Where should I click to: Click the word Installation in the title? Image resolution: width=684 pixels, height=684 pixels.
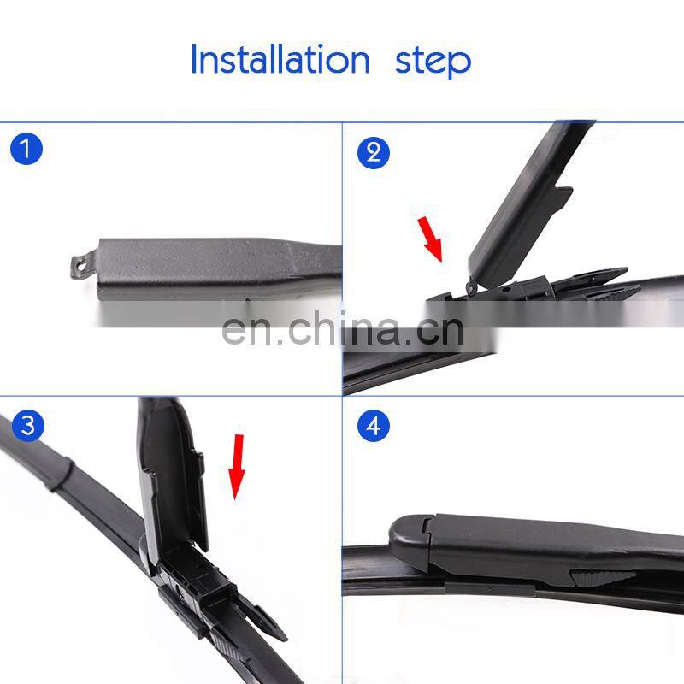(x=280, y=59)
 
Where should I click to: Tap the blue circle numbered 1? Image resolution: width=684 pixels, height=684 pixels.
(x=27, y=149)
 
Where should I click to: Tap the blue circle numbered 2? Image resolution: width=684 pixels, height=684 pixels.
(x=374, y=153)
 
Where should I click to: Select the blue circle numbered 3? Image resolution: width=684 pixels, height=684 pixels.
(x=28, y=425)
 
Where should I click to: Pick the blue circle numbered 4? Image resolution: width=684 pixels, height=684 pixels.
(x=374, y=425)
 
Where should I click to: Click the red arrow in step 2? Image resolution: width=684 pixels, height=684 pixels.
(x=431, y=239)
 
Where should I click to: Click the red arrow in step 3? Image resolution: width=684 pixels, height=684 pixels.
(x=237, y=467)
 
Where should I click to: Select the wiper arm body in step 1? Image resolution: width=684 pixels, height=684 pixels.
(x=218, y=269)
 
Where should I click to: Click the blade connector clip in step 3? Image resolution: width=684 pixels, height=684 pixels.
(x=197, y=585)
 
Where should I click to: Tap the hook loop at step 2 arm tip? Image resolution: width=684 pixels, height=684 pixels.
(x=472, y=286)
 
